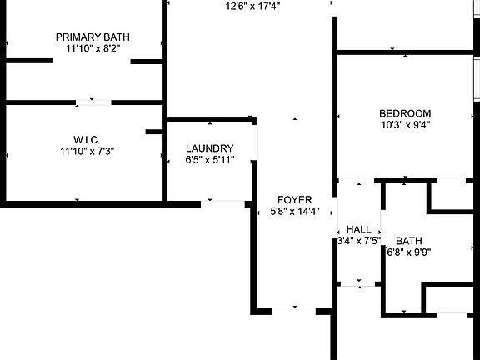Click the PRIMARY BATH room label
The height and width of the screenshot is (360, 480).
tap(92, 37)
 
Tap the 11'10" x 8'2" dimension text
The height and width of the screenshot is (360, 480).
tap(92, 48)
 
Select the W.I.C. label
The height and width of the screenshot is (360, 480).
tap(87, 140)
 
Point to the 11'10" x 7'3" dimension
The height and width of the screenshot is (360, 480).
tap(87, 151)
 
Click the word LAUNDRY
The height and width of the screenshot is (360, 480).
tap(210, 148)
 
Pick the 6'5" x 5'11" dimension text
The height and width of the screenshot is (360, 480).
tap(210, 159)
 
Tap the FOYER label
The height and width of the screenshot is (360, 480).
tap(294, 200)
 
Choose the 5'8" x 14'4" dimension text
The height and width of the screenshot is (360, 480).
tap(295, 211)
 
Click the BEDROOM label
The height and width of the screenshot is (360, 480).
tap(405, 113)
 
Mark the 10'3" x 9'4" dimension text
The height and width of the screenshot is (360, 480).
tap(406, 125)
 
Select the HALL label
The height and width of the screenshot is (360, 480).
tap(359, 229)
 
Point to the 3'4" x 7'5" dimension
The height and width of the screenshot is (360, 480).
tap(359, 240)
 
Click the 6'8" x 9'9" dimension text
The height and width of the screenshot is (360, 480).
tap(409, 252)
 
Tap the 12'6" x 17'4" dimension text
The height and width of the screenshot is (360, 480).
tap(252, 6)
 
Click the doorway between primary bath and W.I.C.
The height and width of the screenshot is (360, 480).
tap(93, 102)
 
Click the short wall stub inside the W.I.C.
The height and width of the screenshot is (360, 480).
tap(154, 132)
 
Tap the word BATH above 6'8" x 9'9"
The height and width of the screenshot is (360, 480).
tap(409, 241)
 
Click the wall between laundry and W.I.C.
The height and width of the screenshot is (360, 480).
tap(165, 159)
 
